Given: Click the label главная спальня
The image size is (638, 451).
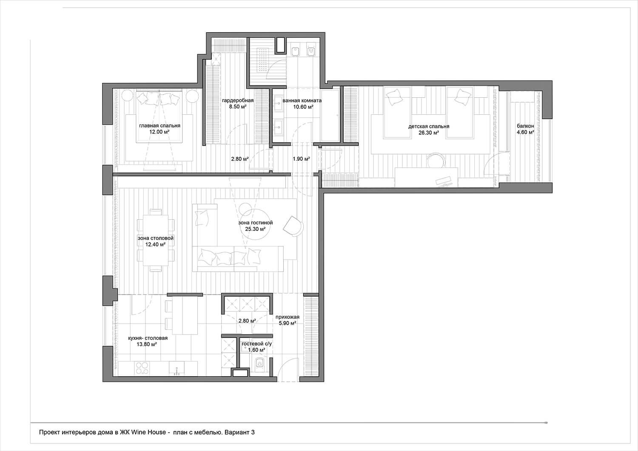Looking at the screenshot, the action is coord(160,125).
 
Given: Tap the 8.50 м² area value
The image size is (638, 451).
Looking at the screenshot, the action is coord(237,107).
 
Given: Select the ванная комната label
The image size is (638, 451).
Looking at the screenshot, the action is coord(302,100).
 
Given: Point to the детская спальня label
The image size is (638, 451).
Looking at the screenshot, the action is coord(429,126).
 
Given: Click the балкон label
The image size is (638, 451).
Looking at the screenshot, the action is coord(525,126).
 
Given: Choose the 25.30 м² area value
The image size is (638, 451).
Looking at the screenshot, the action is coord(255,229).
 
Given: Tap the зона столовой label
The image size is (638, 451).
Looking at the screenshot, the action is coord(156,238).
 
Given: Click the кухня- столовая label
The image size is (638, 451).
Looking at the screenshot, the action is coord(148,338).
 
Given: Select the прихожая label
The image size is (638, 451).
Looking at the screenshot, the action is coord(288,317).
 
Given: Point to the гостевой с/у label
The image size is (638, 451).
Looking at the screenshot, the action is coord(256,343).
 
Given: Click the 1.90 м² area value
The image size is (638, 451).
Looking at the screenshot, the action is coord(301,159).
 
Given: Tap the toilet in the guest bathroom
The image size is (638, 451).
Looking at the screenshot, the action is coord(259,364).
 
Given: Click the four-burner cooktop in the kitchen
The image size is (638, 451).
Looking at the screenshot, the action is coord(142,368).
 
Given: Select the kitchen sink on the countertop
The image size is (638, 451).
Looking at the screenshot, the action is coord(177,369).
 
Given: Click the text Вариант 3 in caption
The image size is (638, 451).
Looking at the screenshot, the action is coord(239,432).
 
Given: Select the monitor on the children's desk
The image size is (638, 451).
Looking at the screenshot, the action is coord(443,182).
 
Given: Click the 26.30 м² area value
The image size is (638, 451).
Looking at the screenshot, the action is coord(429,132).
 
